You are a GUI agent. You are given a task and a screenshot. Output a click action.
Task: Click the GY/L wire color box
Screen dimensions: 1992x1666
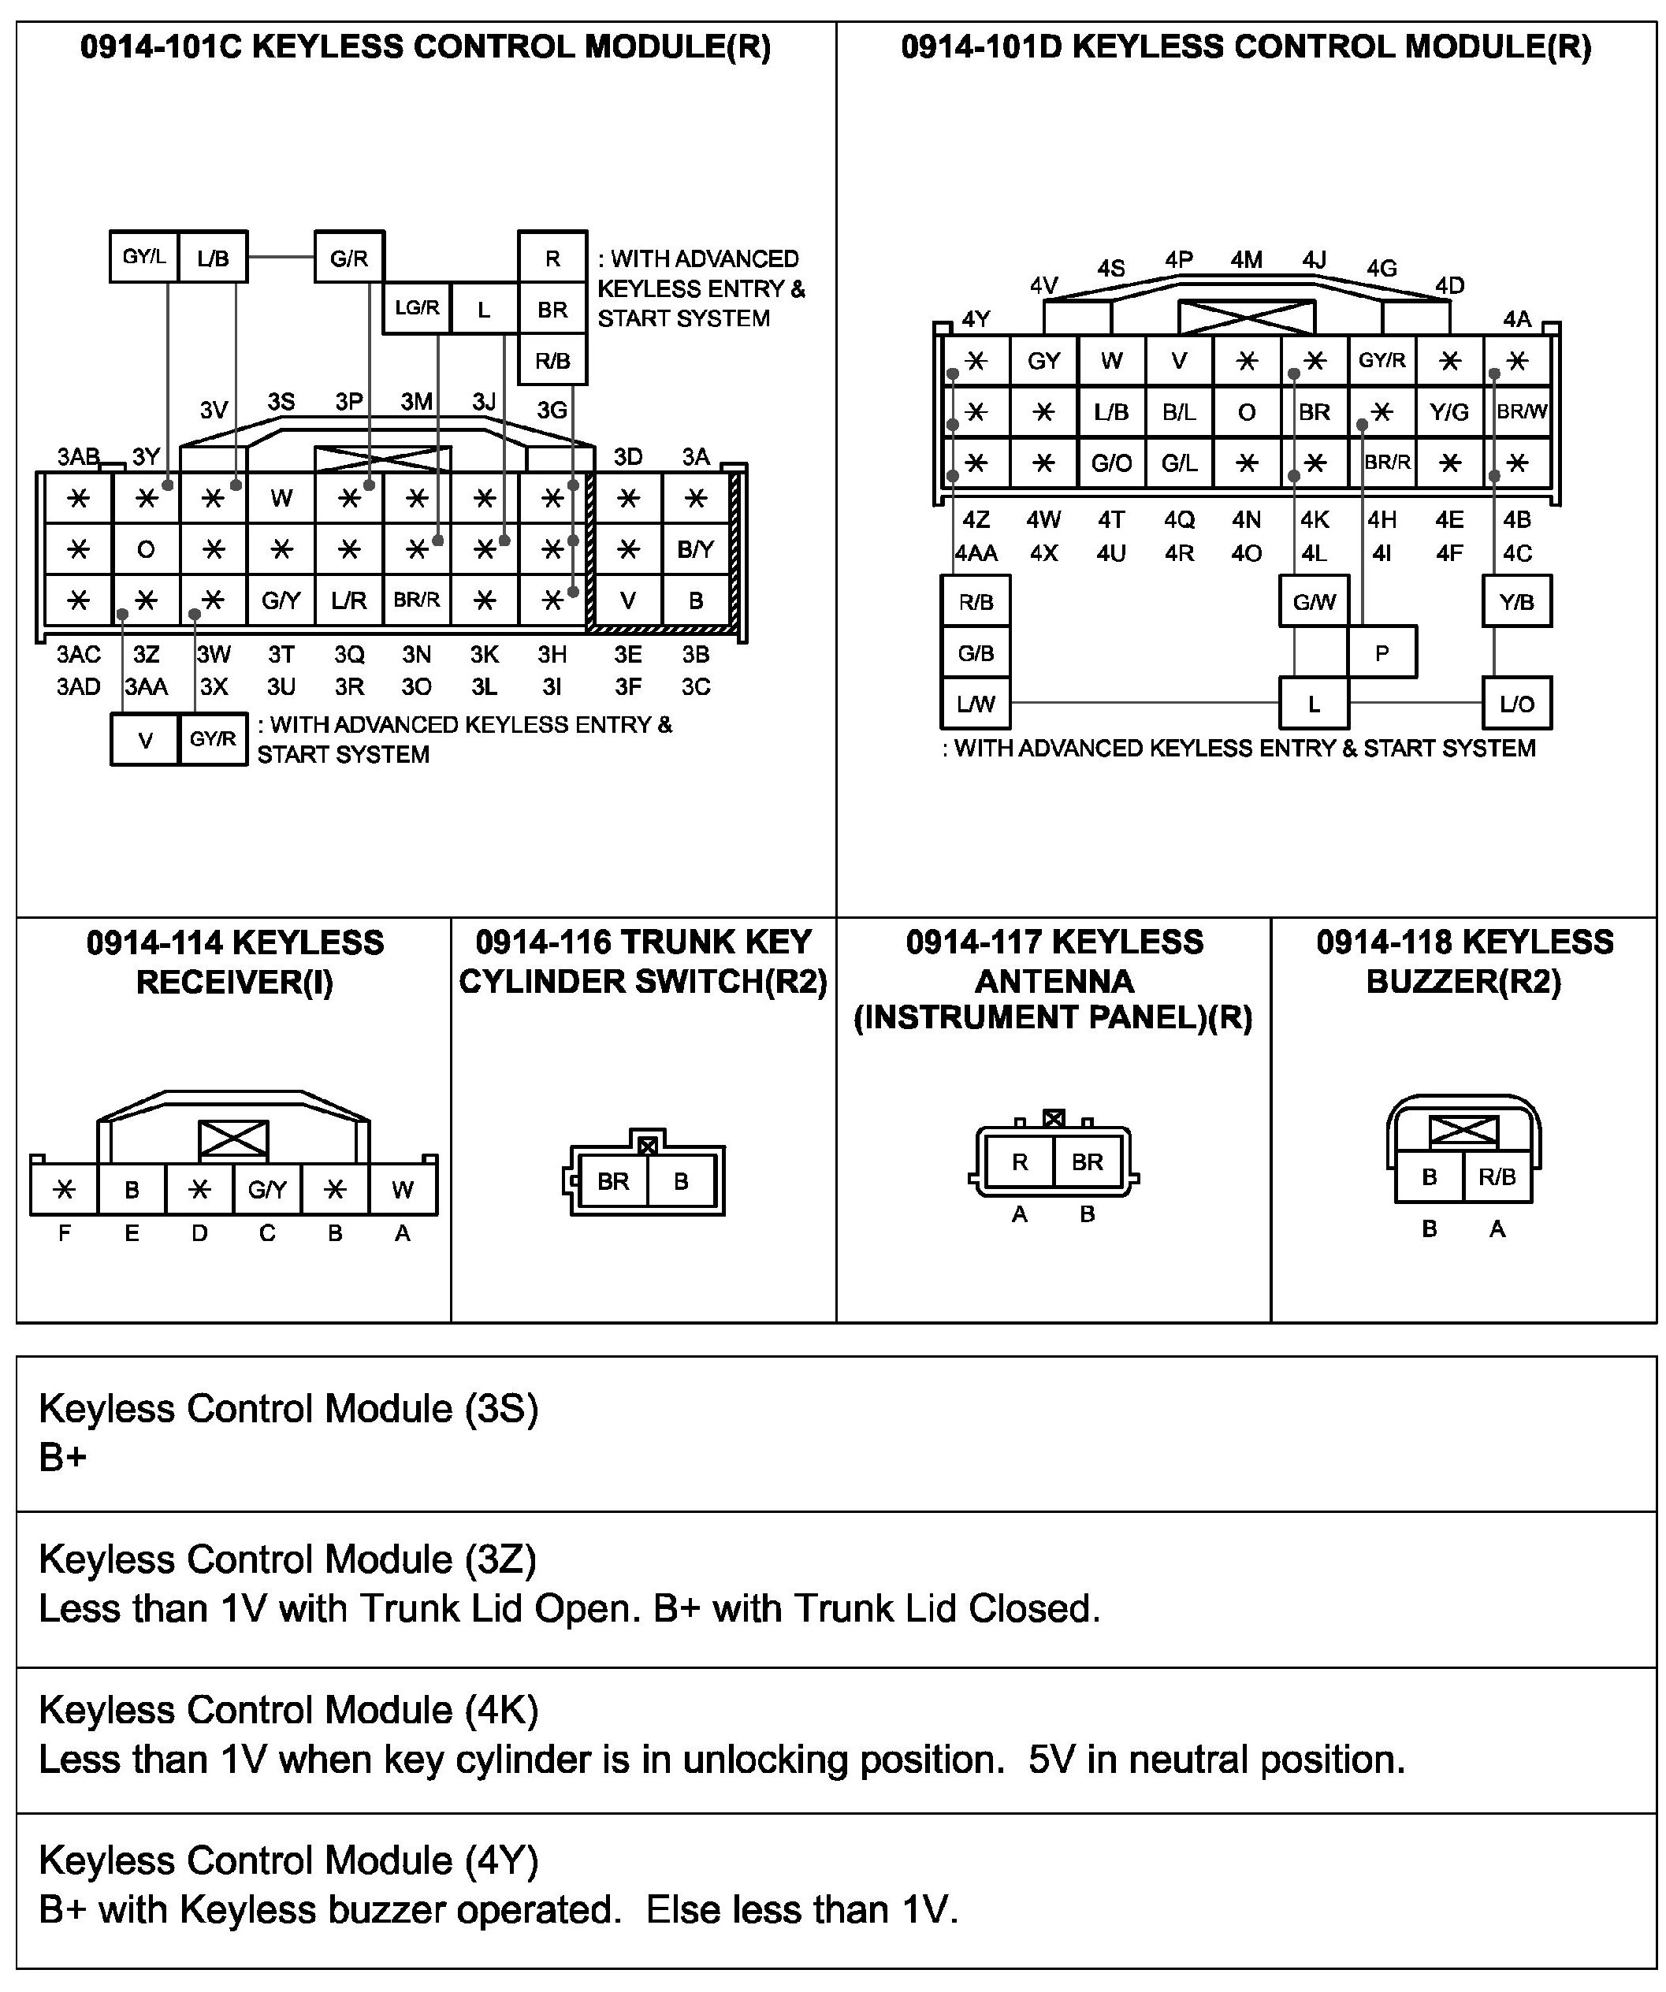(144, 257)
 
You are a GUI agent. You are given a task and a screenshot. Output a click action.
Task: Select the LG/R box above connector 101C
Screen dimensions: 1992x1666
(416, 308)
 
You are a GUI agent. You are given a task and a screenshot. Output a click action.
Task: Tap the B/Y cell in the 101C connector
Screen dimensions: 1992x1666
(695, 549)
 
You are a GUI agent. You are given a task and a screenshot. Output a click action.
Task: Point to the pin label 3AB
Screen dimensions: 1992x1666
(78, 457)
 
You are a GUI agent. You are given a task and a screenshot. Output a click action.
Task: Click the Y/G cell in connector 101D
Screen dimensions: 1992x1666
(1448, 411)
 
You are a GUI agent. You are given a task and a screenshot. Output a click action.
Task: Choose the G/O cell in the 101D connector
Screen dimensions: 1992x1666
(1111, 463)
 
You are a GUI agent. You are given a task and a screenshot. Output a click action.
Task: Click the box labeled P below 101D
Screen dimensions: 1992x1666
(1382, 652)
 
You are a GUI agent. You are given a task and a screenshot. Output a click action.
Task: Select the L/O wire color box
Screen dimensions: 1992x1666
(1516, 704)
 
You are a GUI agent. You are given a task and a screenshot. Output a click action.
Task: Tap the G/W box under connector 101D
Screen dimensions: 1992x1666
(1314, 601)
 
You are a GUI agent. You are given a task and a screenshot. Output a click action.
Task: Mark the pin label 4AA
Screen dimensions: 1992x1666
(976, 553)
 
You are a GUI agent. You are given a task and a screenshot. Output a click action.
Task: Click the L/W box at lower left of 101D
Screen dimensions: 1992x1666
(976, 704)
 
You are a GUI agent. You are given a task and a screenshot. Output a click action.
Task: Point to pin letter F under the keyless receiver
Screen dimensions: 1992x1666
(65, 1233)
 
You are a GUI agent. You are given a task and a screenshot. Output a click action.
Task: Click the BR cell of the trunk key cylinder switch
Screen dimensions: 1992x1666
(613, 1181)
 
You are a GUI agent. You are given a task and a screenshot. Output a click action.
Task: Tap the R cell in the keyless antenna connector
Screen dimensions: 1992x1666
(1020, 1162)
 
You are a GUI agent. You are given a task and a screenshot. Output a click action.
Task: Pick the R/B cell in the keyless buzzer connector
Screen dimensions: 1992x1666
(1497, 1177)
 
